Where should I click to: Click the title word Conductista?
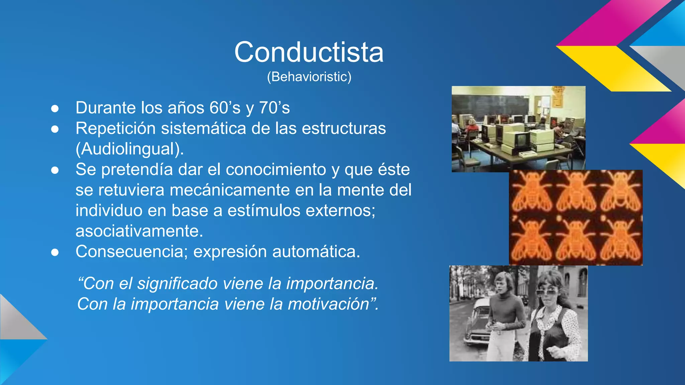tap(309, 52)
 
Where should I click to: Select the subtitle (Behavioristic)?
tap(309, 77)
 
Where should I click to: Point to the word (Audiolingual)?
tap(130, 149)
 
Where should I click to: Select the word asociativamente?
tap(139, 231)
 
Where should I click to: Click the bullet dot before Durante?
tap(55, 109)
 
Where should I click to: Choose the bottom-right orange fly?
tap(621, 241)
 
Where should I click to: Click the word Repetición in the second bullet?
tap(115, 129)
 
